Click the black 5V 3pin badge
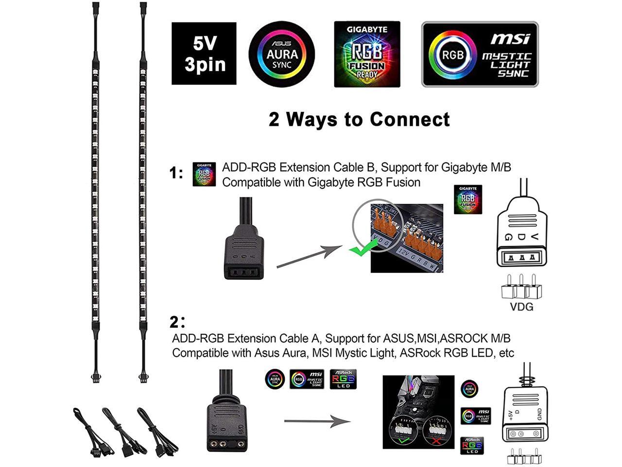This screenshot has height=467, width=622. (204, 54)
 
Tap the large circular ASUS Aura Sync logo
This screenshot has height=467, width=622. (282, 54)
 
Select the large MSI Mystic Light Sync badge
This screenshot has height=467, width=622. (480, 54)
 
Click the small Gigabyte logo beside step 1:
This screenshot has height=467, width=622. (204, 174)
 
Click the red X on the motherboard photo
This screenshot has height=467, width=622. (435, 441)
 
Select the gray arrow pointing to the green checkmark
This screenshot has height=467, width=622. (310, 256)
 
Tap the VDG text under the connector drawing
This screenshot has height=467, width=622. (521, 307)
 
